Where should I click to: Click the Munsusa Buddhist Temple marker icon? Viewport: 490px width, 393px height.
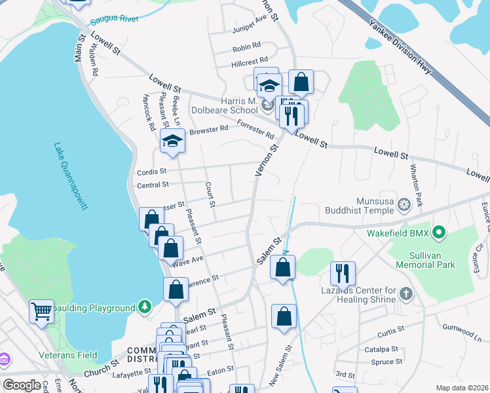[405, 206]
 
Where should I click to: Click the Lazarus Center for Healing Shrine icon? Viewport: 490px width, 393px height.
[406, 293]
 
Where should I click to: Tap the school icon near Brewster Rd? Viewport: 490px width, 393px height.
[172, 141]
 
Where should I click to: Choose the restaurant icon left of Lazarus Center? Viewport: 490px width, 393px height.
[343, 272]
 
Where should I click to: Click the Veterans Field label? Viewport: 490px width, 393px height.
[71, 355]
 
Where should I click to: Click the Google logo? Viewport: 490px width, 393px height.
[22, 385]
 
